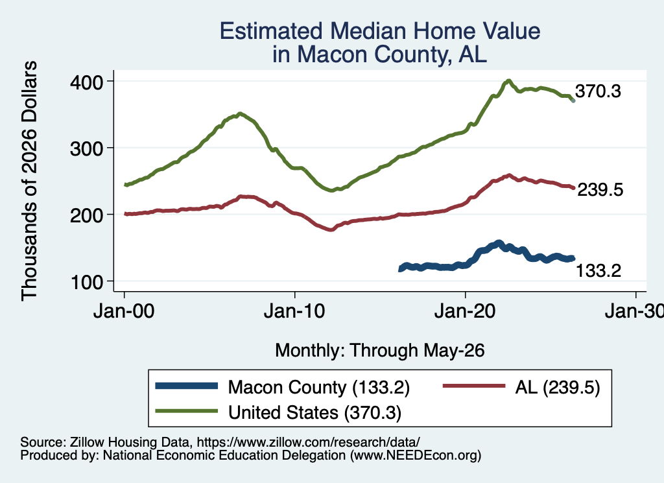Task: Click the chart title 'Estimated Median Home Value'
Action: (380, 31)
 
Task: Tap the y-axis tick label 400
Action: (86, 82)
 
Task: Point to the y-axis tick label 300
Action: (86, 148)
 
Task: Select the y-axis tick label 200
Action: (86, 215)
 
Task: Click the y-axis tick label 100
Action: (86, 282)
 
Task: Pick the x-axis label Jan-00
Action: (124, 311)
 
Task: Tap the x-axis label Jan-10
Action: (294, 311)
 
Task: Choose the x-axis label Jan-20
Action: (465, 311)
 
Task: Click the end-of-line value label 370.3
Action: (598, 91)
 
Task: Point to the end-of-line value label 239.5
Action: (600, 190)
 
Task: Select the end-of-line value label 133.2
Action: (599, 270)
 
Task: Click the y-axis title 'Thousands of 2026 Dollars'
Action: (29, 181)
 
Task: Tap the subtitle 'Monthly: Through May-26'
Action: (380, 351)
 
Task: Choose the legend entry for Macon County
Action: (283, 387)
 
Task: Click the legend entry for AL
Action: (521, 387)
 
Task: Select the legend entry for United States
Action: (278, 412)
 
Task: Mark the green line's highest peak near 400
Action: (508, 80)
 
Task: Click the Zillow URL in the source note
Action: (309, 442)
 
